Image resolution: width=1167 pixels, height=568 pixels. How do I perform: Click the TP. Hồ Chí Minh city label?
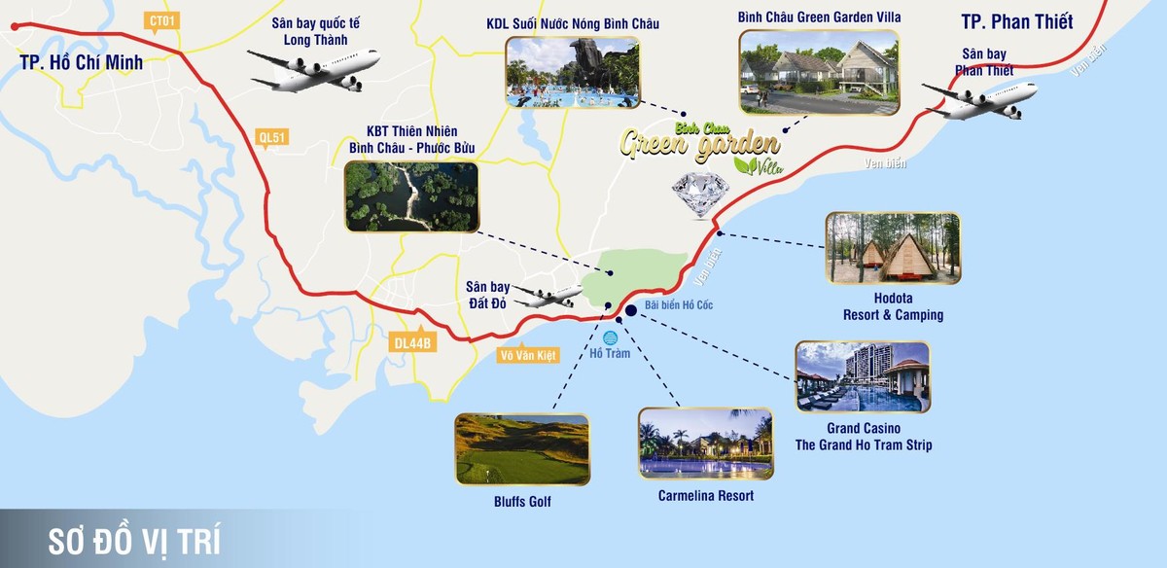pyautogui.click(x=81, y=63)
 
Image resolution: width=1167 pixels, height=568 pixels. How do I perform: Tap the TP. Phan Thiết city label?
pyautogui.click(x=1016, y=21)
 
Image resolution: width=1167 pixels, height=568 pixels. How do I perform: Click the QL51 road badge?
pyautogui.click(x=273, y=137)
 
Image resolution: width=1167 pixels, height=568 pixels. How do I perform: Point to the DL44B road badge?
pyautogui.click(x=412, y=342)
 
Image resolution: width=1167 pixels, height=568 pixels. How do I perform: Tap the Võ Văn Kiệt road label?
pyautogui.click(x=526, y=356)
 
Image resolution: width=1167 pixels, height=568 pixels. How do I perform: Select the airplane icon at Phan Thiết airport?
pyautogui.click(x=979, y=98)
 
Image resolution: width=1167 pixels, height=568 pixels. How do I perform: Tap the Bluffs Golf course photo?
pyautogui.click(x=522, y=449)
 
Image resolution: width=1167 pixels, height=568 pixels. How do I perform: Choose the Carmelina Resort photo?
pyautogui.click(x=705, y=443)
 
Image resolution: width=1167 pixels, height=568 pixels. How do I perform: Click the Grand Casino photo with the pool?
pyautogui.click(x=862, y=376)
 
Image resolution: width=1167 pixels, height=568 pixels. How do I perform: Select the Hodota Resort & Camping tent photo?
pyautogui.click(x=893, y=248)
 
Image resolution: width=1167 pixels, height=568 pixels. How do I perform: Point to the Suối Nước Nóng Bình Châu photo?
pyautogui.click(x=572, y=72)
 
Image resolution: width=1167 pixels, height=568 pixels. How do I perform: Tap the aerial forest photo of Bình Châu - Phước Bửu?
pyautogui.click(x=411, y=196)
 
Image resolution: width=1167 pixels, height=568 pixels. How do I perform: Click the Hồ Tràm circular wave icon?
pyautogui.click(x=611, y=337)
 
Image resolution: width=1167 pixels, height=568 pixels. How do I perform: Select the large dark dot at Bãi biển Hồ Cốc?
pyautogui.click(x=631, y=310)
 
